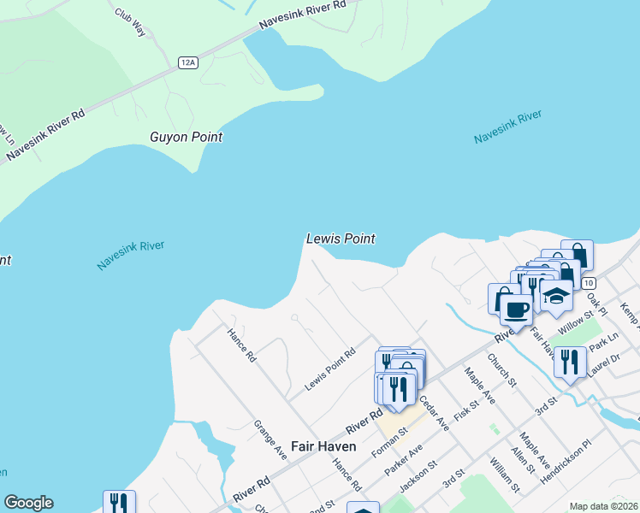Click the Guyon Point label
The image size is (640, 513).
click(186, 137)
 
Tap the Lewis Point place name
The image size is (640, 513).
click(341, 239)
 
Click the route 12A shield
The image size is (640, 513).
click(189, 62)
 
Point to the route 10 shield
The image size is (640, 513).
click(588, 282)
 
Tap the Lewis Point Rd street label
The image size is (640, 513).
click(329, 369)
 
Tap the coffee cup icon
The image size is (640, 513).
click(516, 309)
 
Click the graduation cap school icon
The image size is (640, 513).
click(556, 296)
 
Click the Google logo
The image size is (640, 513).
click(28, 503)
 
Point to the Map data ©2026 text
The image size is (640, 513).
click(603, 506)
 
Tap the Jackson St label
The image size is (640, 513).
click(418, 476)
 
